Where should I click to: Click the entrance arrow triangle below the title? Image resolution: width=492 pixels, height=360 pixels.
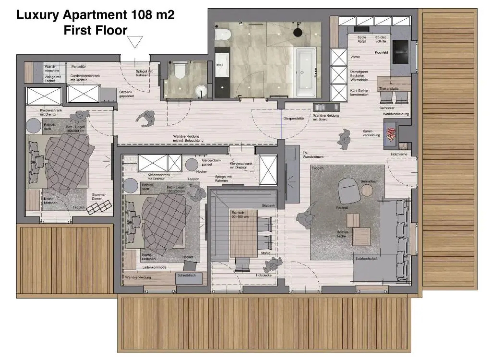click(135, 42)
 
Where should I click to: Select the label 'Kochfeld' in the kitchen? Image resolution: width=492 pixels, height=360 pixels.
click(381, 53)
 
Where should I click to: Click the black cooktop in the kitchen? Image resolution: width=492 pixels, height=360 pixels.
click(400, 52)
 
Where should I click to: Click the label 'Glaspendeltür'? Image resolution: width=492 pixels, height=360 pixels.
click(294, 118)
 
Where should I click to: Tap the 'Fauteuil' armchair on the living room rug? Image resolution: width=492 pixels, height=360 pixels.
click(349, 190)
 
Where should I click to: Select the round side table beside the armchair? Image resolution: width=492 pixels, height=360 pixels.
click(367, 190)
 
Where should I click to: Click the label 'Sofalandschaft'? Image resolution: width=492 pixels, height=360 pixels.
click(366, 258)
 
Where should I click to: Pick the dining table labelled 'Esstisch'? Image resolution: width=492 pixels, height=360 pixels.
click(244, 233)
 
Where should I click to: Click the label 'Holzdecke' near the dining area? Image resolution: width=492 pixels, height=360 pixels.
click(263, 275)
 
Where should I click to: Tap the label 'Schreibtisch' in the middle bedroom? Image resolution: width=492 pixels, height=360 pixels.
click(186, 275)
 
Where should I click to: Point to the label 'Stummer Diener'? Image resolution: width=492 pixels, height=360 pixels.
click(99, 197)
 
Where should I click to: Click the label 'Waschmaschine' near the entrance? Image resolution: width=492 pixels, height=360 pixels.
click(52, 69)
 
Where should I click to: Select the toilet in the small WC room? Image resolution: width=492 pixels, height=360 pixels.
click(180, 71)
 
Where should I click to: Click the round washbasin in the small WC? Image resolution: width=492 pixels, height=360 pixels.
click(201, 91)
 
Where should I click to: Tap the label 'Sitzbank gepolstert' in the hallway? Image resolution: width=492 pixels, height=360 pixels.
click(126, 94)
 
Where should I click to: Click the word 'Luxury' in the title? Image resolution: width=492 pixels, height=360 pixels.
click(38, 15)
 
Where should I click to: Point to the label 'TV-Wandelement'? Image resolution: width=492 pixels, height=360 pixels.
click(313, 155)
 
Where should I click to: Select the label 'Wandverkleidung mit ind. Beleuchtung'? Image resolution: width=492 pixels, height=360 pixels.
click(188, 138)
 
